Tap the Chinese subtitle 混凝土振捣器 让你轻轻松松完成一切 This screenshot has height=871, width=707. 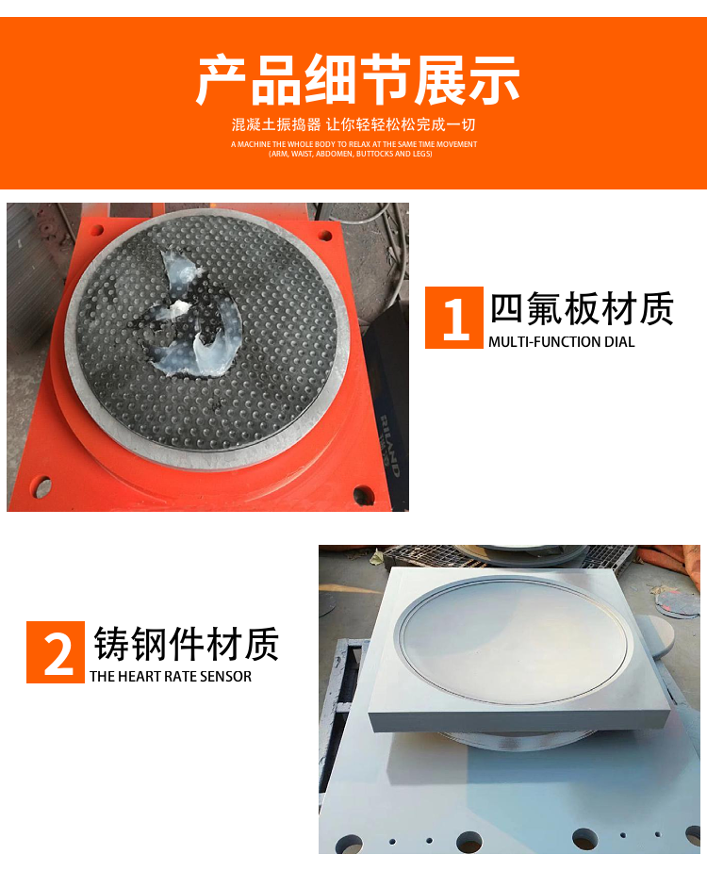coord(353,124)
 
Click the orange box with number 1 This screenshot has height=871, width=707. coord(454,318)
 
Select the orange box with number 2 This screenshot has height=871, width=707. coord(56,652)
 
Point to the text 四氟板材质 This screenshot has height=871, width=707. coord(582,308)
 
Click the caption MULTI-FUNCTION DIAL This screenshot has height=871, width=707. coord(562,342)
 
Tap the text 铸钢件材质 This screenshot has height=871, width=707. coord(187,644)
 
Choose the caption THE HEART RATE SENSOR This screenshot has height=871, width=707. coord(171,677)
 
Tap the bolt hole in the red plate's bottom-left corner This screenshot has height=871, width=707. coord(41,486)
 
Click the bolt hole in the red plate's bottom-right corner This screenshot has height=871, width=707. coord(363,494)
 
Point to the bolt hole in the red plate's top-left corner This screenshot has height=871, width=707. coord(96,229)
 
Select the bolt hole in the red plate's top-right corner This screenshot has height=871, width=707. coord(325,236)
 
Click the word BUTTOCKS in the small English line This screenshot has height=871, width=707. coord(374,154)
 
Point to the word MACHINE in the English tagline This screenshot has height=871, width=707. coord(255,144)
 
